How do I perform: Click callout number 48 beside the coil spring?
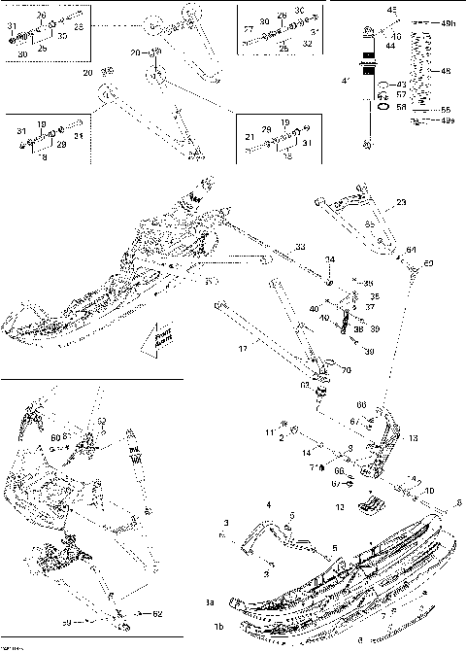coord(447,71)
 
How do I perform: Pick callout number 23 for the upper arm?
coord(401,204)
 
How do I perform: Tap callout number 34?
coord(330,259)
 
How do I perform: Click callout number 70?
coord(346,370)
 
